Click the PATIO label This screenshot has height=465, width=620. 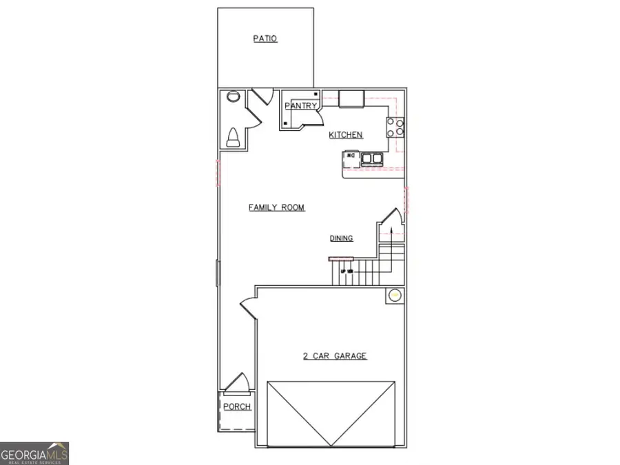[x=265, y=39]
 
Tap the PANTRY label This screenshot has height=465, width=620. [x=301, y=106]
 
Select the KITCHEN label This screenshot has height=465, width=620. [x=346, y=135]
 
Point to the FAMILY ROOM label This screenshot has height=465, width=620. [x=276, y=207]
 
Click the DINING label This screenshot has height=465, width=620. [x=341, y=238]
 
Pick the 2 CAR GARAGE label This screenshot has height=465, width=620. [x=335, y=356]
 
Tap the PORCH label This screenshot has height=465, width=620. [x=237, y=406]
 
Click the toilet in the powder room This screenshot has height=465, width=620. [x=233, y=137]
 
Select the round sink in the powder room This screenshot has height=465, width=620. [x=231, y=97]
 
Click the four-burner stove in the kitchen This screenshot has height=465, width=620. [x=395, y=127]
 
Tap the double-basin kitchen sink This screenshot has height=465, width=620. [x=372, y=159]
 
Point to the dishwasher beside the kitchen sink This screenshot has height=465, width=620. [x=351, y=159]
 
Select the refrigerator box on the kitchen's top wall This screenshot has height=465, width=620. [x=351, y=99]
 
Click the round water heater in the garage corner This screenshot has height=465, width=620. [x=395, y=296]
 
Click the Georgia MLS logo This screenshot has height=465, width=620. [x=34, y=453]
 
